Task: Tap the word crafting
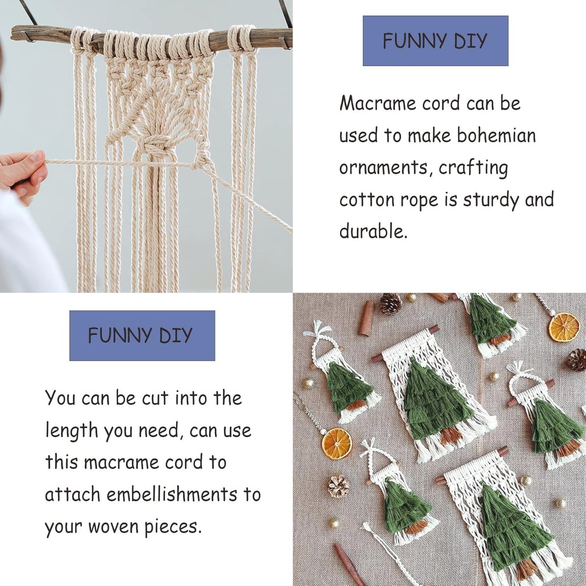click(x=473, y=168)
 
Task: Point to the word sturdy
click(x=490, y=201)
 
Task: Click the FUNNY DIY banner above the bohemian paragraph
click(x=436, y=41)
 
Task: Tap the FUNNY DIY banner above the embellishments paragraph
click(x=142, y=335)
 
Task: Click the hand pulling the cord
click(x=23, y=172)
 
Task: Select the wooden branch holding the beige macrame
click(x=151, y=38)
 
